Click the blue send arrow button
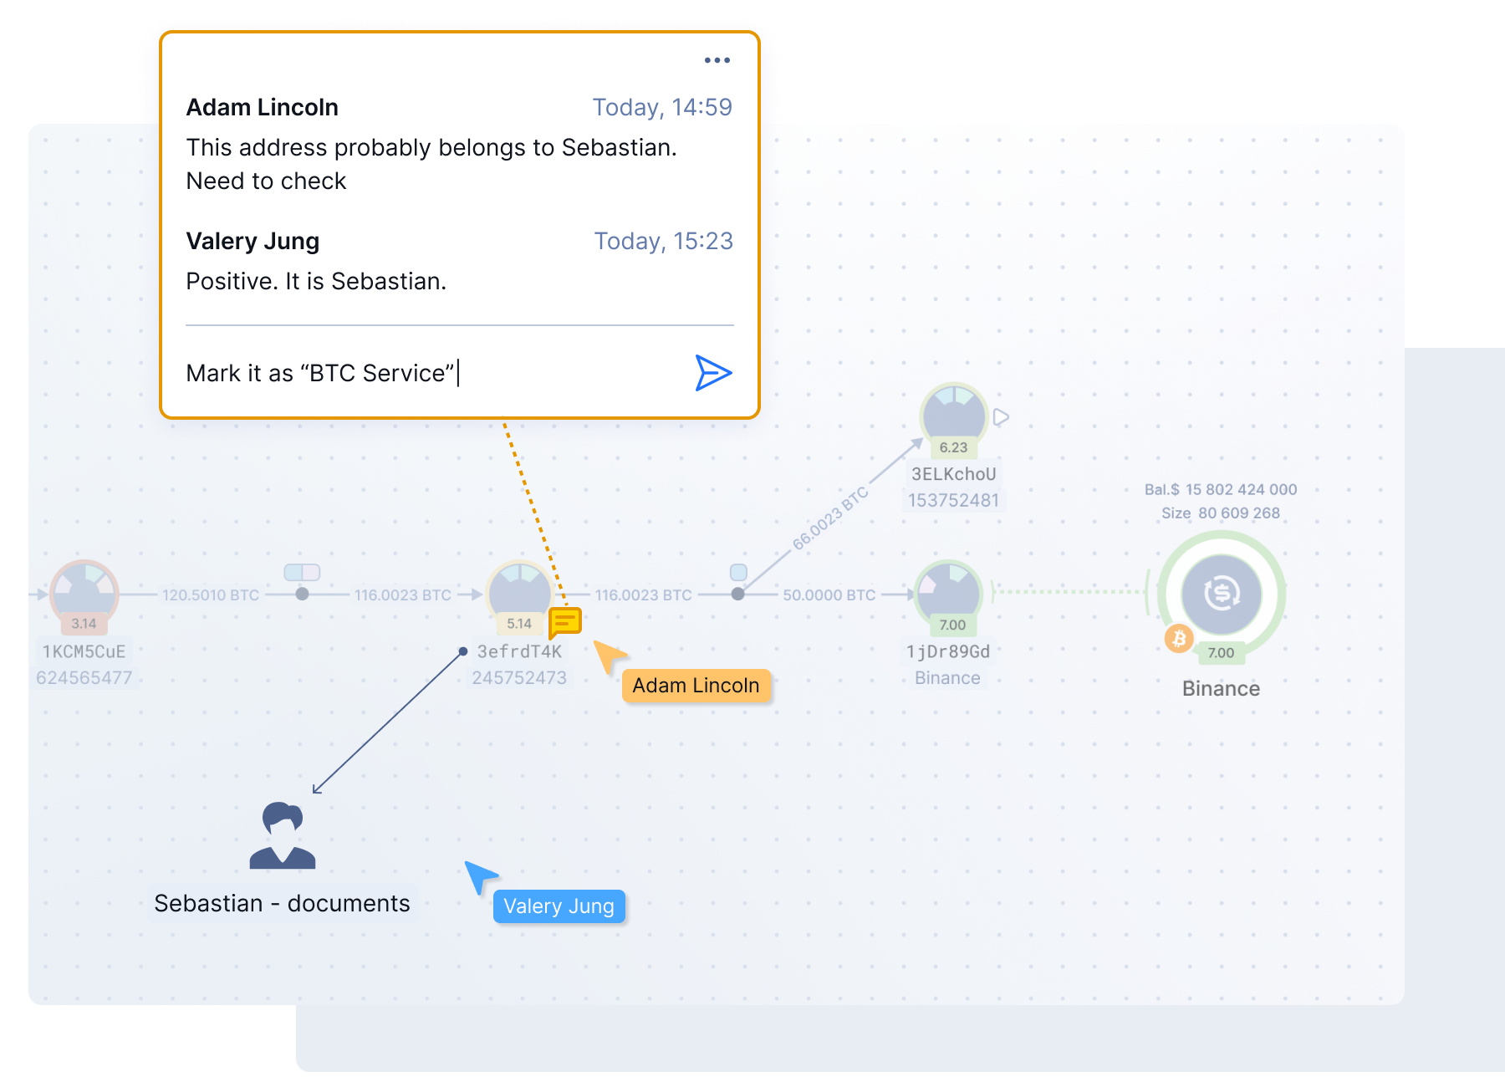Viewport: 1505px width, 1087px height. [713, 373]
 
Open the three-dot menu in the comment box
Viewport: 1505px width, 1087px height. [717, 60]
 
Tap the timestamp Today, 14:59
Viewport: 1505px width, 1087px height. [662, 107]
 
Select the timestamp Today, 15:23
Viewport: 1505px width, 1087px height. [663, 241]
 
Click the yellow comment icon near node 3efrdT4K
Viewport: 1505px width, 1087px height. [565, 622]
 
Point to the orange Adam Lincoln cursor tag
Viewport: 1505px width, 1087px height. [696, 686]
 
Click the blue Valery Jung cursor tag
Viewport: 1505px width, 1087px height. [559, 906]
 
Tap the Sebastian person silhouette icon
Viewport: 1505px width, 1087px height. [283, 835]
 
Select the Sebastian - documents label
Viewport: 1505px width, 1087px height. [283, 904]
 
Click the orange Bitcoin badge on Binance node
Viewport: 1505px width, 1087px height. [1179, 640]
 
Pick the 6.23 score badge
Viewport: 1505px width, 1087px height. [953, 447]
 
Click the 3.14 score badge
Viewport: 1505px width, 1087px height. [84, 624]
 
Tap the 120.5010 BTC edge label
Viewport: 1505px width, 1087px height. [211, 595]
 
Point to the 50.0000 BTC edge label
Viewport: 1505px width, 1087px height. [829, 595]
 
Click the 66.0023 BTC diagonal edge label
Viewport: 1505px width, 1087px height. [830, 518]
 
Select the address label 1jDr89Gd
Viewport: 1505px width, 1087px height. [948, 651]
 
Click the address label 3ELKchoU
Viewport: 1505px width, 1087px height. [954, 474]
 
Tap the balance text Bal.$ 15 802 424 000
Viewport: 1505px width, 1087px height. [1221, 490]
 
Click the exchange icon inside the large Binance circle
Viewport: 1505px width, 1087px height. [1222, 594]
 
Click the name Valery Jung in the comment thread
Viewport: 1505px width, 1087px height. [253, 242]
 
